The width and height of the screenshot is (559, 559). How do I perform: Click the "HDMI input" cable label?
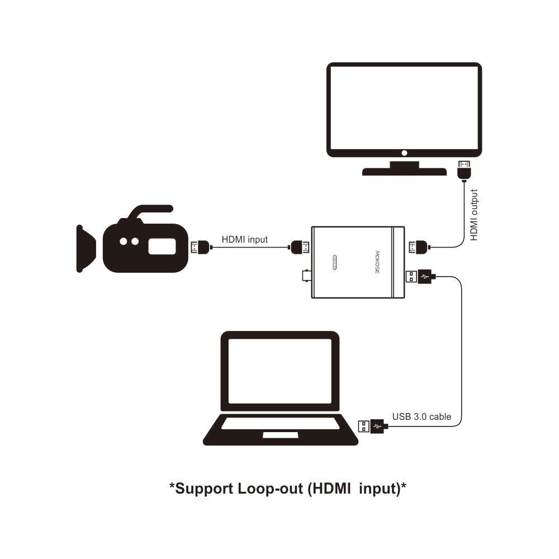pyautogui.click(x=245, y=239)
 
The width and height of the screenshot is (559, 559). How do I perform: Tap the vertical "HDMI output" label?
pyautogui.click(x=474, y=215)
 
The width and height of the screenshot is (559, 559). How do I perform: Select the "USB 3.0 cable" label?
pyautogui.click(x=421, y=416)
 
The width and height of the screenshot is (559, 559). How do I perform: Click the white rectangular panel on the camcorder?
pyautogui.click(x=161, y=247)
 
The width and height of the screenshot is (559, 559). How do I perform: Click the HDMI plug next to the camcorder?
pyautogui.click(x=200, y=246)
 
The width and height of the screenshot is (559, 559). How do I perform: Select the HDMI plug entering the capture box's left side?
pyautogui.click(x=299, y=246)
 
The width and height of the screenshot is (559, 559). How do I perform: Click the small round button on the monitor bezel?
pyautogui.click(x=404, y=153)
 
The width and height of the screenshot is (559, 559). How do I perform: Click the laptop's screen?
pyautogui.click(x=280, y=371)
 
